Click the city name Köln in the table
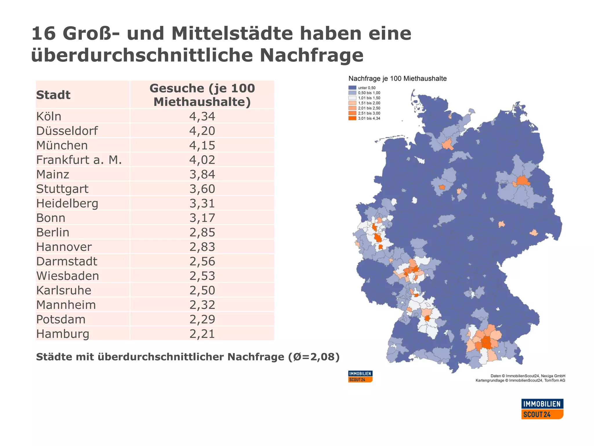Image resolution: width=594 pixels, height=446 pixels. click(49, 116)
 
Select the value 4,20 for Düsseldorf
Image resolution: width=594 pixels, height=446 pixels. click(202, 131)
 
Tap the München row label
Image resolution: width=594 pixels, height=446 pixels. click(62, 145)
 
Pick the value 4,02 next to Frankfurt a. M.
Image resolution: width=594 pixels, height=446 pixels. click(202, 160)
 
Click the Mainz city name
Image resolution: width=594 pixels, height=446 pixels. click(52, 175)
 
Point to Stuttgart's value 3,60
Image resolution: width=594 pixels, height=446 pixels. click(202, 189)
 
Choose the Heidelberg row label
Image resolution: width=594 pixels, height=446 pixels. click(67, 204)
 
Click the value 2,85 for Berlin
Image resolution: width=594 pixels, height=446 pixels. click(202, 233)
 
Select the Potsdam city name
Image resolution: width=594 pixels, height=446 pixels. click(61, 319)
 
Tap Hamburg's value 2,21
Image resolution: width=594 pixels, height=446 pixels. click(202, 334)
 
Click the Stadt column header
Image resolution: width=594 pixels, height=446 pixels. click(53, 95)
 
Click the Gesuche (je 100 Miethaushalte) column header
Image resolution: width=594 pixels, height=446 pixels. click(202, 95)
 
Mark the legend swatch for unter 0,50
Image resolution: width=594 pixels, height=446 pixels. click(352, 88)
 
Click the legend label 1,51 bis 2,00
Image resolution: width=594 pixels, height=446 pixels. click(369, 103)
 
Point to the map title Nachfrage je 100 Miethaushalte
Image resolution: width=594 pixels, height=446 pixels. click(397, 79)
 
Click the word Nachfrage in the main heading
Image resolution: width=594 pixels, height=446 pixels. click(311, 55)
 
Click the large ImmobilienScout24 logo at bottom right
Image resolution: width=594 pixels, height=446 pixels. click(542, 409)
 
